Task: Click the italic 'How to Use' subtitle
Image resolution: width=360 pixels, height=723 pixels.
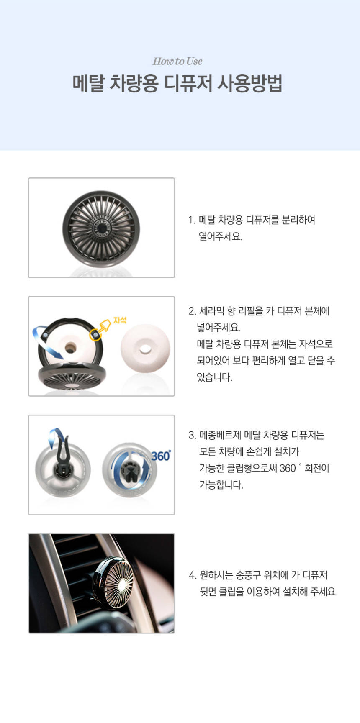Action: [x=177, y=61]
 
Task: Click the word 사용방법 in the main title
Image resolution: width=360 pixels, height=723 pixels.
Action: [x=249, y=83]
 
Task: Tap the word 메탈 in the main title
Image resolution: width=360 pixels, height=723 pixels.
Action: [x=88, y=83]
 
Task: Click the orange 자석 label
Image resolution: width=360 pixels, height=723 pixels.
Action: [x=119, y=320]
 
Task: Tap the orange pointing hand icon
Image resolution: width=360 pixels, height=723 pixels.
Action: [x=105, y=326]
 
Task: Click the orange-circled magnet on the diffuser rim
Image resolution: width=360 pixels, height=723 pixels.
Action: [x=95, y=335]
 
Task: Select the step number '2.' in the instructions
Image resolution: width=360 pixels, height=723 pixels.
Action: [x=192, y=311]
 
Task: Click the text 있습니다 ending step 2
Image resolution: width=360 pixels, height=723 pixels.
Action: [x=214, y=377]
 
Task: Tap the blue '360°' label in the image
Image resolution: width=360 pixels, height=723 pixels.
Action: [x=161, y=455]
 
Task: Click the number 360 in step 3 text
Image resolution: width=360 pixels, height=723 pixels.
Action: [x=288, y=468]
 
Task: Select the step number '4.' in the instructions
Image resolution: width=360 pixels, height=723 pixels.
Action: [x=193, y=575]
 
